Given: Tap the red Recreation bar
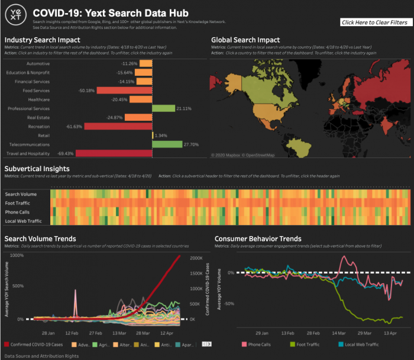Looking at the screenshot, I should coord(118,126).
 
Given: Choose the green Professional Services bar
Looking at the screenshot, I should coord(163,108).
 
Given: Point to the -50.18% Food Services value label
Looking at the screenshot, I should coord(86,91).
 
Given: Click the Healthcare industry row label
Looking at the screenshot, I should coord(36,99).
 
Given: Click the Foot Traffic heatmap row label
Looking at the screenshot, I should coord(18,203).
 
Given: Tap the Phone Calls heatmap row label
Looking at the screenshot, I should coord(18,212).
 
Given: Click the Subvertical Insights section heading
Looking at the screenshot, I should coord(38,169).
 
